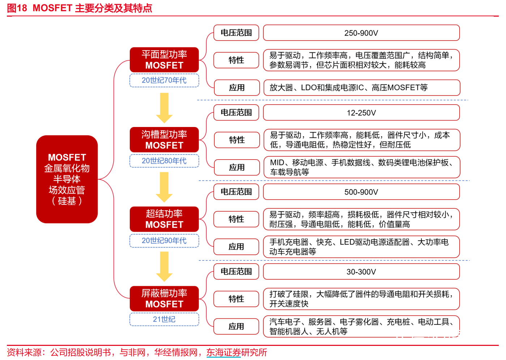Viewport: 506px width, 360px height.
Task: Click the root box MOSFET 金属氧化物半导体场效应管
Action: (67, 179)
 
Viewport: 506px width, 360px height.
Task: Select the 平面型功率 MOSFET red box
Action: (164, 60)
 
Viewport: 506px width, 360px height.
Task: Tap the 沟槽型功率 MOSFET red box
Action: (164, 139)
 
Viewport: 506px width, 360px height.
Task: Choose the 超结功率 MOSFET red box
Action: (164, 219)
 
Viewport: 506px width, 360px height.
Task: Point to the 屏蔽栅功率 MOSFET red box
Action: (164, 298)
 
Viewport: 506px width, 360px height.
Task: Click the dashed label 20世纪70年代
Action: (164, 80)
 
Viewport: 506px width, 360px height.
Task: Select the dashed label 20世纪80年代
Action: (164, 161)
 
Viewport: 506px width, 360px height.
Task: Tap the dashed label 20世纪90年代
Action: (164, 241)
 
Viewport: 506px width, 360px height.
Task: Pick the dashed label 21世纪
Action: (164, 319)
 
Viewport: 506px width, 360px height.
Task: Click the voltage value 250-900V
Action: (361, 33)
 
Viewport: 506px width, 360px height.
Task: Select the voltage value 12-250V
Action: (361, 113)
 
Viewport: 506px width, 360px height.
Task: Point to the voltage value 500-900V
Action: (361, 192)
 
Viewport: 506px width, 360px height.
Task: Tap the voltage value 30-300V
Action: (361, 272)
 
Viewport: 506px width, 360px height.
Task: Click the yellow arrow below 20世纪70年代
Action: (164, 108)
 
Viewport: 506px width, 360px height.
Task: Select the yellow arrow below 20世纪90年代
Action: (164, 267)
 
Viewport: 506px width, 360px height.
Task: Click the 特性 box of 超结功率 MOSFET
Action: (236, 219)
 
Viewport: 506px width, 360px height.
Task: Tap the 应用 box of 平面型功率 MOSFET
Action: (237, 88)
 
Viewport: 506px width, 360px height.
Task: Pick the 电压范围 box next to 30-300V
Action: (236, 271)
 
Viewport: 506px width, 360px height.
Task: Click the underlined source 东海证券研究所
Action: (237, 352)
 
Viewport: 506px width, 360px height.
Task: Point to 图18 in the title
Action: (17, 8)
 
